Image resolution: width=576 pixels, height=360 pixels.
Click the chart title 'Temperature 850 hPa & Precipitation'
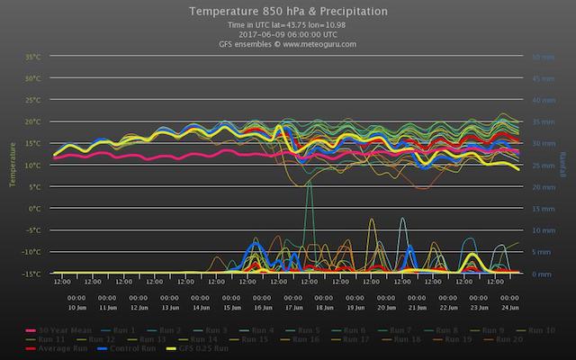pos(288,12)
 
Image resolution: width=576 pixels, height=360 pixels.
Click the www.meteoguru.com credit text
pos(288,43)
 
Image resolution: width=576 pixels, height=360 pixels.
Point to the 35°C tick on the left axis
pos(33,57)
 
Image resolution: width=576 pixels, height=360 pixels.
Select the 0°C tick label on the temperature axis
pos(36,208)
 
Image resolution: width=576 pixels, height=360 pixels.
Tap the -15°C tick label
pos(32,274)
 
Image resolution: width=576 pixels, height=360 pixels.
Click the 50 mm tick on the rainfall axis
pos(543,57)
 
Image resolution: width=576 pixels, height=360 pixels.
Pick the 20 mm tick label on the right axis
pos(543,187)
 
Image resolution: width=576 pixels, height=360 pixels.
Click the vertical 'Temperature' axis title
pos(13,165)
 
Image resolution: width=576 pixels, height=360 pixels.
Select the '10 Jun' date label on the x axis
pos(76,308)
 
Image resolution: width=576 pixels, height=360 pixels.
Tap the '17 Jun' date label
pos(293,308)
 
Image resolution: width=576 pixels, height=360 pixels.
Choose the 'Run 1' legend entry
pos(123,329)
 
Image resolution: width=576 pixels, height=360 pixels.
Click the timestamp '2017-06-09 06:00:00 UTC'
pos(288,34)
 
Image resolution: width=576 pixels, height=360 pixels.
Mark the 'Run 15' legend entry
pos(254,339)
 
